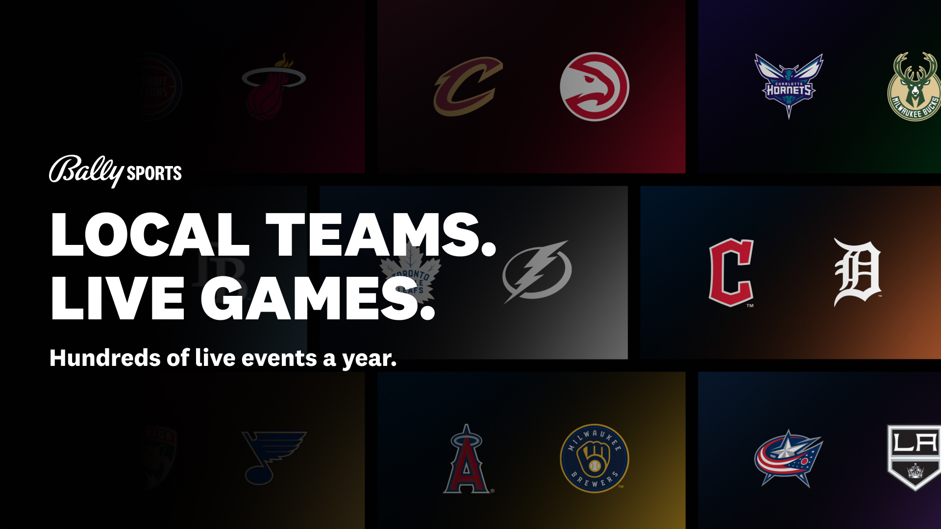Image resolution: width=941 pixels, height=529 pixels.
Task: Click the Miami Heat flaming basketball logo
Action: click(x=272, y=87)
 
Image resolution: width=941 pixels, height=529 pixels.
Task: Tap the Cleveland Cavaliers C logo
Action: click(x=468, y=87)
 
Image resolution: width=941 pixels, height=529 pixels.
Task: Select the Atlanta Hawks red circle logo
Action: click(x=594, y=87)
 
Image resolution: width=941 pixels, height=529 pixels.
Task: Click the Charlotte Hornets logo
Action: click(x=789, y=86)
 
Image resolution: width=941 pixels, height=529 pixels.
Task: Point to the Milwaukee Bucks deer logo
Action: click(x=915, y=87)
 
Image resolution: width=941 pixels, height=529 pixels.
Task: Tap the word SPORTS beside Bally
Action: click(x=154, y=173)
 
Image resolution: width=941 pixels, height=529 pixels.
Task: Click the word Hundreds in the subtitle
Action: click(x=105, y=358)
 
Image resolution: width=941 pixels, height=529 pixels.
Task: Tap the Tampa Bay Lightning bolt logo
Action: click(x=537, y=271)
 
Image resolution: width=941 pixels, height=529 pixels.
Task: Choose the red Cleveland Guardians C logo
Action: click(x=731, y=272)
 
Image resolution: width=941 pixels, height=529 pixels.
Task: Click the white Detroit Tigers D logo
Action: click(x=858, y=272)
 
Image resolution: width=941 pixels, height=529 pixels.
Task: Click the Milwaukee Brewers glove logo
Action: click(x=594, y=458)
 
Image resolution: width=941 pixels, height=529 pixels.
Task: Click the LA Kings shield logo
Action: click(x=914, y=457)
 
